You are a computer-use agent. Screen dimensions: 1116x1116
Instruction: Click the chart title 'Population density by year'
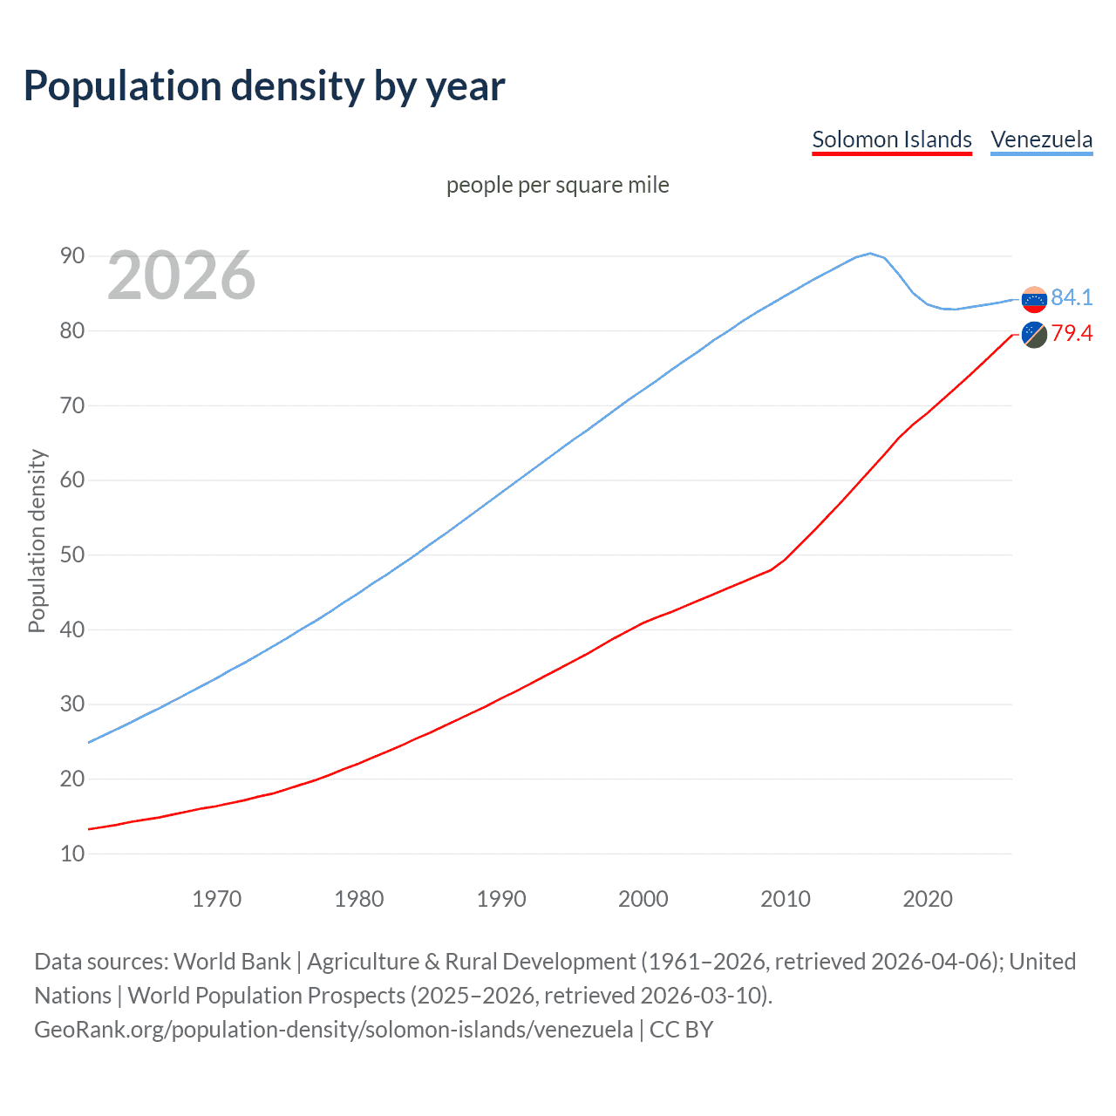[264, 86]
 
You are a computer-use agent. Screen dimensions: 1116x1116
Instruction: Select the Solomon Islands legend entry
[891, 139]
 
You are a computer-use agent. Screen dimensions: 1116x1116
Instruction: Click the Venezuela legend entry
[1041, 139]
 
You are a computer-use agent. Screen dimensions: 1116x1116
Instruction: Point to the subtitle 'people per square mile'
[557, 185]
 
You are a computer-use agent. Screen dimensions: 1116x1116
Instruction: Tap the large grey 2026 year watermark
[181, 276]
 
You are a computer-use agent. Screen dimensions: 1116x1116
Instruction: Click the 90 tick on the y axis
[72, 255]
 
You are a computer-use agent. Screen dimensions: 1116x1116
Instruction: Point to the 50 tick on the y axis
[72, 555]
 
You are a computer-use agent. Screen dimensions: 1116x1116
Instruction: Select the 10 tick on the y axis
[72, 854]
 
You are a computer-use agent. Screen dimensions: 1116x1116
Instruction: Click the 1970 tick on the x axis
[216, 899]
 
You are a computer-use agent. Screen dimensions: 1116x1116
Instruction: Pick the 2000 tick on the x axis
[643, 899]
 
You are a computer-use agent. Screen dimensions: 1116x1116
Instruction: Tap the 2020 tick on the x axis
[927, 899]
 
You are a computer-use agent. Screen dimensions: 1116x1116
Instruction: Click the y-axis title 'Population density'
[37, 541]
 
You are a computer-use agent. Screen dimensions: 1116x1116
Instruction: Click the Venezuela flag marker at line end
[1034, 299]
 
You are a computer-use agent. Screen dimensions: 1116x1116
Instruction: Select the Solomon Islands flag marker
[1034, 334]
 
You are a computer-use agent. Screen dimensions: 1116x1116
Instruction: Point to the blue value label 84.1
[1072, 297]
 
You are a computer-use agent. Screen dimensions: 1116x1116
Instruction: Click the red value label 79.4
[1072, 333]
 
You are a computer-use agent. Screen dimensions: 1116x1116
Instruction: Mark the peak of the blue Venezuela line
[869, 254]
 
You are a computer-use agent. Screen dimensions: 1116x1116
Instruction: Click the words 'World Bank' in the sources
[232, 961]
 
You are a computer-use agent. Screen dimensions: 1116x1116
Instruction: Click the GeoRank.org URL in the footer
[333, 1029]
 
